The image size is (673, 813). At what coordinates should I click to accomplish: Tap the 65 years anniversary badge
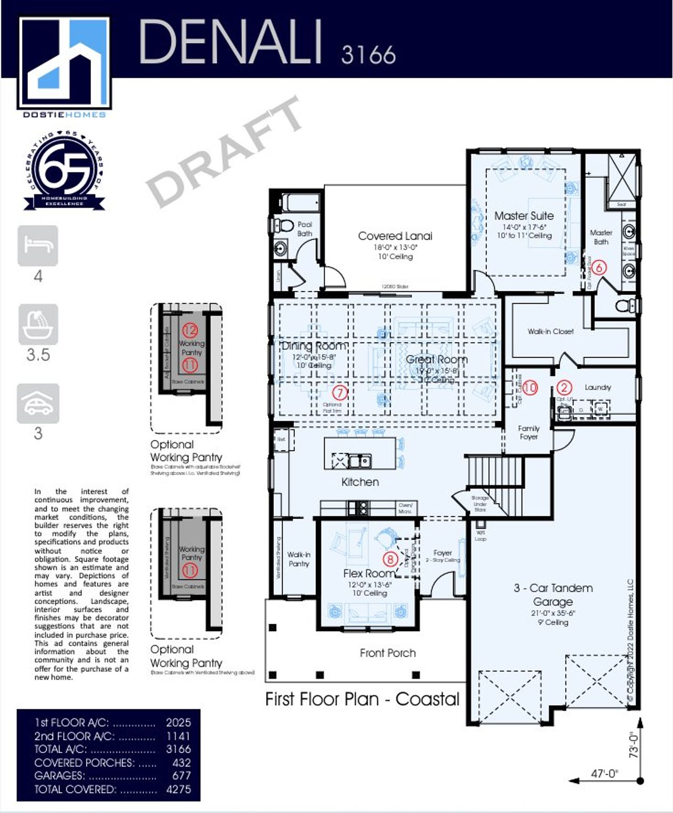pyautogui.click(x=65, y=171)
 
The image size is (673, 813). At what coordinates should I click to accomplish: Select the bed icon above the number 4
pyautogui.click(x=38, y=246)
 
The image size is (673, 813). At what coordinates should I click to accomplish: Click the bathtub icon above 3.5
pyautogui.click(x=38, y=324)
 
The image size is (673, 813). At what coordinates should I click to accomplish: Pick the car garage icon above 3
pyautogui.click(x=38, y=403)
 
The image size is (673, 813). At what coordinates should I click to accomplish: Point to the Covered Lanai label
pyautogui.click(x=395, y=236)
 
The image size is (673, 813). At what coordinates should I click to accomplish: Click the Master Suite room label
pyautogui.click(x=524, y=216)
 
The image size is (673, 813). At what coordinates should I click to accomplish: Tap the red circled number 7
pyautogui.click(x=340, y=392)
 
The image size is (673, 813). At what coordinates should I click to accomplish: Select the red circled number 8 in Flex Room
pyautogui.click(x=390, y=558)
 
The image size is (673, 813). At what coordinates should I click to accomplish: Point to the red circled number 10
pyautogui.click(x=530, y=388)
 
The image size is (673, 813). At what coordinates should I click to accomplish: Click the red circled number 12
pyautogui.click(x=190, y=330)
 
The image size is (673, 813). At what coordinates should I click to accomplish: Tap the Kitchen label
pyautogui.click(x=360, y=482)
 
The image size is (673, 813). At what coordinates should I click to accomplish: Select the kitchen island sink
pyautogui.click(x=360, y=461)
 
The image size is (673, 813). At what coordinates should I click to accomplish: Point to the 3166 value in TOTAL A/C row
pyautogui.click(x=178, y=749)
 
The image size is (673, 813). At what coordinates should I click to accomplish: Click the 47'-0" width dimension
pyautogui.click(x=604, y=774)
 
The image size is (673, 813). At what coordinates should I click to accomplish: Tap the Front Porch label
pyautogui.click(x=388, y=653)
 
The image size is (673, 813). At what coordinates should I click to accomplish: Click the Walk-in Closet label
pyautogui.click(x=550, y=331)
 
